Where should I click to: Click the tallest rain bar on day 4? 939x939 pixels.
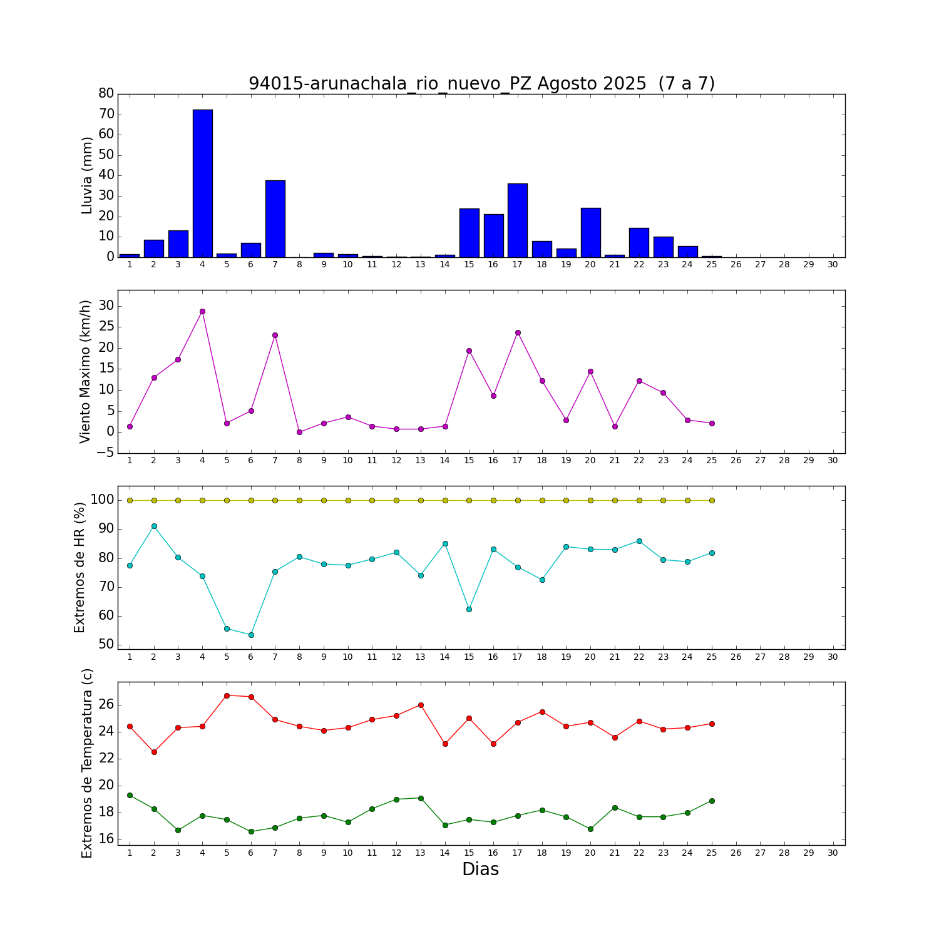coord(202,183)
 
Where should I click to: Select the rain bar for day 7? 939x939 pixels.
coord(275,218)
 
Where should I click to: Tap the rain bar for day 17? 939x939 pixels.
coord(518,220)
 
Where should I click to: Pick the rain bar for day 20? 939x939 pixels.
coord(590,232)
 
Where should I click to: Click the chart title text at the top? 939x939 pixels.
coord(481,83)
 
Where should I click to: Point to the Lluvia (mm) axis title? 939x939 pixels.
coord(87,175)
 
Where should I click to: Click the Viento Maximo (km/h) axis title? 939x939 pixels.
coord(85,371)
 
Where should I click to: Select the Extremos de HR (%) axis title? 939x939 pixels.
coord(80,567)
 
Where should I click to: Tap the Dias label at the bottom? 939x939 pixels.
coord(480,869)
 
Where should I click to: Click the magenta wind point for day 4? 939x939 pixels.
coord(202,311)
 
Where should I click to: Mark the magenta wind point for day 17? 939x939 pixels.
coord(518,332)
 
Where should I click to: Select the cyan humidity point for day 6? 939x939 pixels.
coord(251,635)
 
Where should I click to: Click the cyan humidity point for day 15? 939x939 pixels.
coord(469,609)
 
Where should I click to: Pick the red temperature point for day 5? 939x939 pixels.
coord(227,695)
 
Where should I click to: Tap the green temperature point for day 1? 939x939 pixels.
coord(130,795)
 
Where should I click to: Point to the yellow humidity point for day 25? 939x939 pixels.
coord(712,500)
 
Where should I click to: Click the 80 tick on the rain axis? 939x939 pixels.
coord(106,93)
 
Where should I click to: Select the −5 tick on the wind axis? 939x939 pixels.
coord(105,453)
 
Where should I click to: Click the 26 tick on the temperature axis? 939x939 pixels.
coord(106,705)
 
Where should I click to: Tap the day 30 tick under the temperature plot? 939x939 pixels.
coord(833,852)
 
